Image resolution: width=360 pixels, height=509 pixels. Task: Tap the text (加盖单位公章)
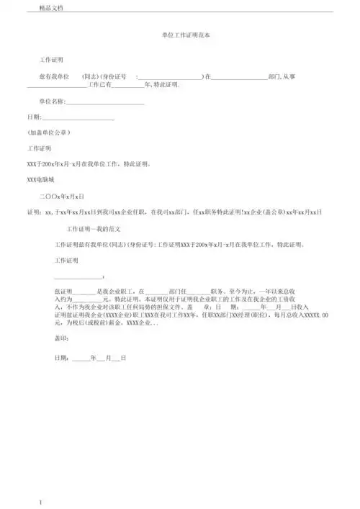pyautogui.click(x=48, y=132)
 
